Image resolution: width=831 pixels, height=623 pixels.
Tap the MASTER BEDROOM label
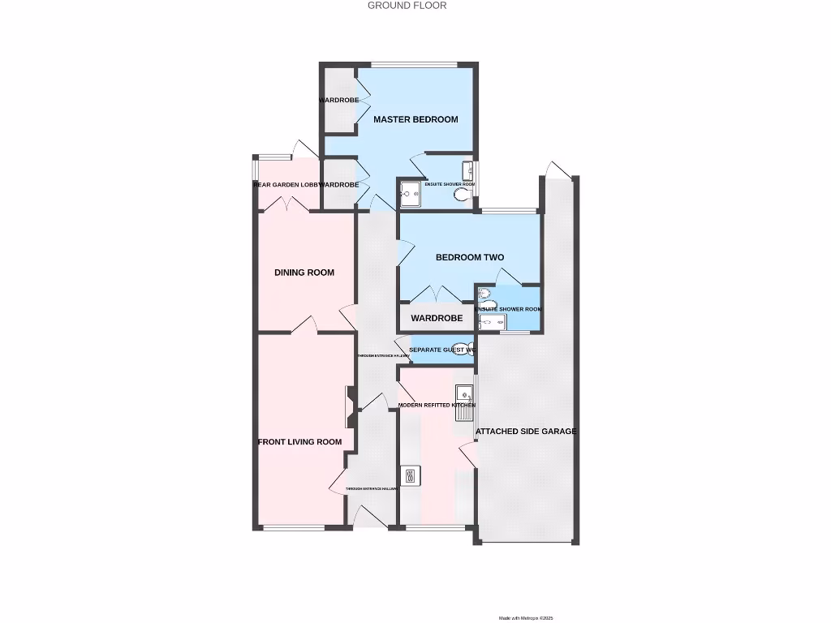coord(415,119)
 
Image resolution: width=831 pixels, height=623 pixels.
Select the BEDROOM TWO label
coord(470,257)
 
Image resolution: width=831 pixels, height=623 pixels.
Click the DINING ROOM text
coord(304,273)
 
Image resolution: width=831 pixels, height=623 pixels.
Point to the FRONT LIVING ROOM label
coord(299,442)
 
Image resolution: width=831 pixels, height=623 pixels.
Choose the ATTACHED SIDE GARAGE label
coord(526,432)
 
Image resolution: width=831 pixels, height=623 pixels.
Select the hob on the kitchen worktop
coord(411,475)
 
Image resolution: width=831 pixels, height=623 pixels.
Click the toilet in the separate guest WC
coord(461,349)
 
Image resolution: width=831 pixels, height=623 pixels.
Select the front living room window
coord(294,528)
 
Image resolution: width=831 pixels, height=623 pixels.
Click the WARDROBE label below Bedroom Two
coord(436,318)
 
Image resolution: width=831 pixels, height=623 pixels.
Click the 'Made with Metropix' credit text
coord(525,618)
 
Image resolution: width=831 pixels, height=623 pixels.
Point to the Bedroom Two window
coord(510,212)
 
